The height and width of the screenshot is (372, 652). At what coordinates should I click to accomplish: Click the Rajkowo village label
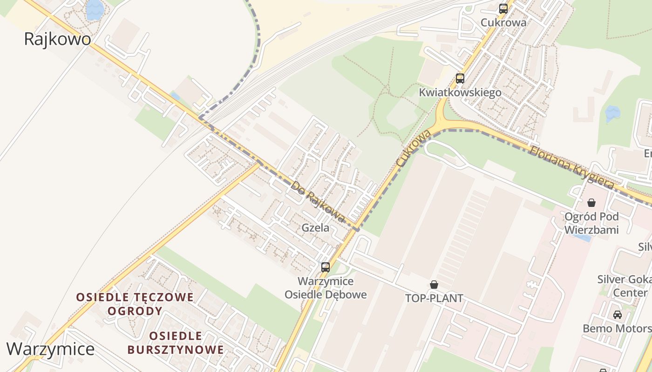coord(57,39)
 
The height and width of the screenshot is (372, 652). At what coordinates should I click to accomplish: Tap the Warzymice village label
coord(50,349)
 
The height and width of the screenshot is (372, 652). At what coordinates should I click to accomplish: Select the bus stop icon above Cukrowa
coord(503,9)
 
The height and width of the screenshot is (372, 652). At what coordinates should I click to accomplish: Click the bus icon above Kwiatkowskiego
coord(460,79)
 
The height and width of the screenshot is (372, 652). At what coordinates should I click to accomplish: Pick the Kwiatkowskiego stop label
coord(460,93)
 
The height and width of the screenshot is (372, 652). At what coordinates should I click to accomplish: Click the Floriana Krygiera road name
coord(571,167)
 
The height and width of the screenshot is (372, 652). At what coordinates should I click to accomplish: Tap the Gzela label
coord(315,228)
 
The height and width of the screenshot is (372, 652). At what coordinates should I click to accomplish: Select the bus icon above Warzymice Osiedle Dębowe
coord(326,267)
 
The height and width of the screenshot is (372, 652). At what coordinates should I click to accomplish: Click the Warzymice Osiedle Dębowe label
coord(326,288)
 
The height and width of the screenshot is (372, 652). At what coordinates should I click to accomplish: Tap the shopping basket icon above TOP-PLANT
coord(434,285)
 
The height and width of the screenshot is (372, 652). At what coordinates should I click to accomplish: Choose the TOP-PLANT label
coord(434,298)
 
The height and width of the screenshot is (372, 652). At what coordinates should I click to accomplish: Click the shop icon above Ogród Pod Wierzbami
coord(591,203)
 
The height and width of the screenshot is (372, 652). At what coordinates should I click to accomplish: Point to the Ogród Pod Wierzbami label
coord(591,223)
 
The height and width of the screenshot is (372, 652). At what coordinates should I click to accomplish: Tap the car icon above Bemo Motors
coord(617,315)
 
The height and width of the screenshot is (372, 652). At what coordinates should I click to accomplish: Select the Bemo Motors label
coord(617,329)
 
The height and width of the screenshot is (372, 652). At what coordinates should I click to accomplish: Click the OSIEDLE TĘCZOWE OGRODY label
coord(135,304)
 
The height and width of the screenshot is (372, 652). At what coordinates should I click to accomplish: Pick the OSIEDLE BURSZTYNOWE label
coord(176,343)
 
